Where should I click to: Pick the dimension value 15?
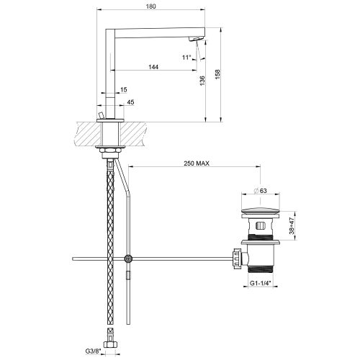124,89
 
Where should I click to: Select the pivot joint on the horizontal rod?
128,258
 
